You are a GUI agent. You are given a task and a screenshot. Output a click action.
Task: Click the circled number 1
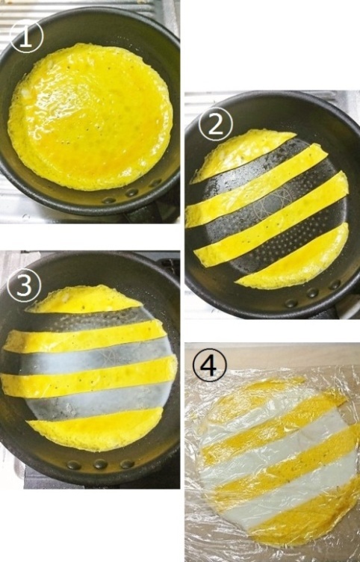(x=26, y=36)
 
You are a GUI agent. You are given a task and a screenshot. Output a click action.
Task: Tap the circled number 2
(x=215, y=123)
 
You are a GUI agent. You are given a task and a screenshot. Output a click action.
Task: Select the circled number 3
(x=24, y=285)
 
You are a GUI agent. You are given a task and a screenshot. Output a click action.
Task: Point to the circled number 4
(x=210, y=365)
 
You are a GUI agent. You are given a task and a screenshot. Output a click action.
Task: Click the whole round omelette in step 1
(x=90, y=115)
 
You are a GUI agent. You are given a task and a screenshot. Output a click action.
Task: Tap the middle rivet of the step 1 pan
(x=131, y=193)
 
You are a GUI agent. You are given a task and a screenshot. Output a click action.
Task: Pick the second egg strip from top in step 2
(x=256, y=185)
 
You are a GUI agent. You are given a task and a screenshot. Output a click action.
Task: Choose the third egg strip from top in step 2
(x=271, y=220)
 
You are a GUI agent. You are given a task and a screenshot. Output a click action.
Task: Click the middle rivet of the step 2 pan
(x=312, y=292)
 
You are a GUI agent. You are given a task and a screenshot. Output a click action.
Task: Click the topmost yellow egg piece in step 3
(x=85, y=298)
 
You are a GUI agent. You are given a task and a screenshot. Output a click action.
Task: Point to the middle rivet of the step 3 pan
(x=100, y=464)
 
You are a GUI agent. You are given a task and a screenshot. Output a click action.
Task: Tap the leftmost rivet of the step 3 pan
(x=74, y=465)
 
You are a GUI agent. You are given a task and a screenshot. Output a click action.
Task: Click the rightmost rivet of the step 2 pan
(x=335, y=285)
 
